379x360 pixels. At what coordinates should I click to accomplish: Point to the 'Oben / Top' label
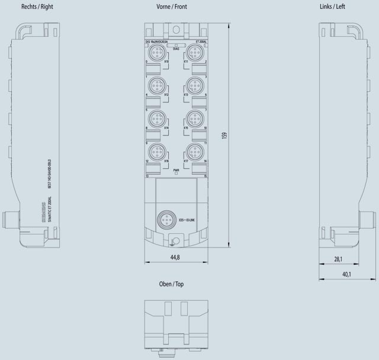[x=171, y=284]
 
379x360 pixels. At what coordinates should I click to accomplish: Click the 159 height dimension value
[x=224, y=135]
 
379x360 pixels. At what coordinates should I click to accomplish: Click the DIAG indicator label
[x=176, y=49]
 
